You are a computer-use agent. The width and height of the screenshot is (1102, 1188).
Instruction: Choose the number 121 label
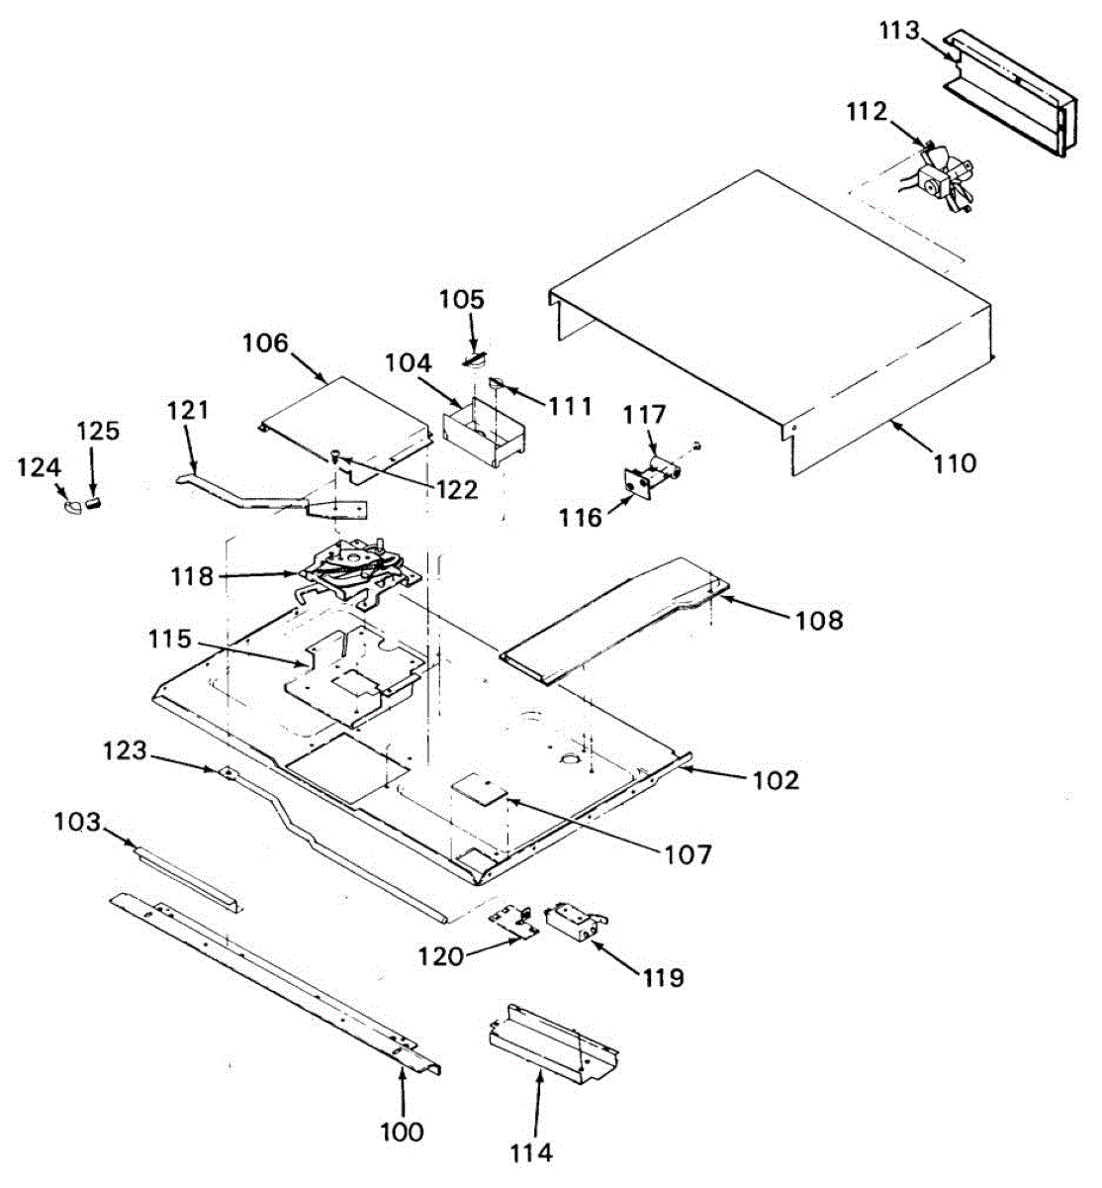tap(189, 410)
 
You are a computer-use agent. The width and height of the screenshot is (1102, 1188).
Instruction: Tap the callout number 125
tap(98, 432)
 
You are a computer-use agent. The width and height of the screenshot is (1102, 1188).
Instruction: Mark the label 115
tap(170, 640)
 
